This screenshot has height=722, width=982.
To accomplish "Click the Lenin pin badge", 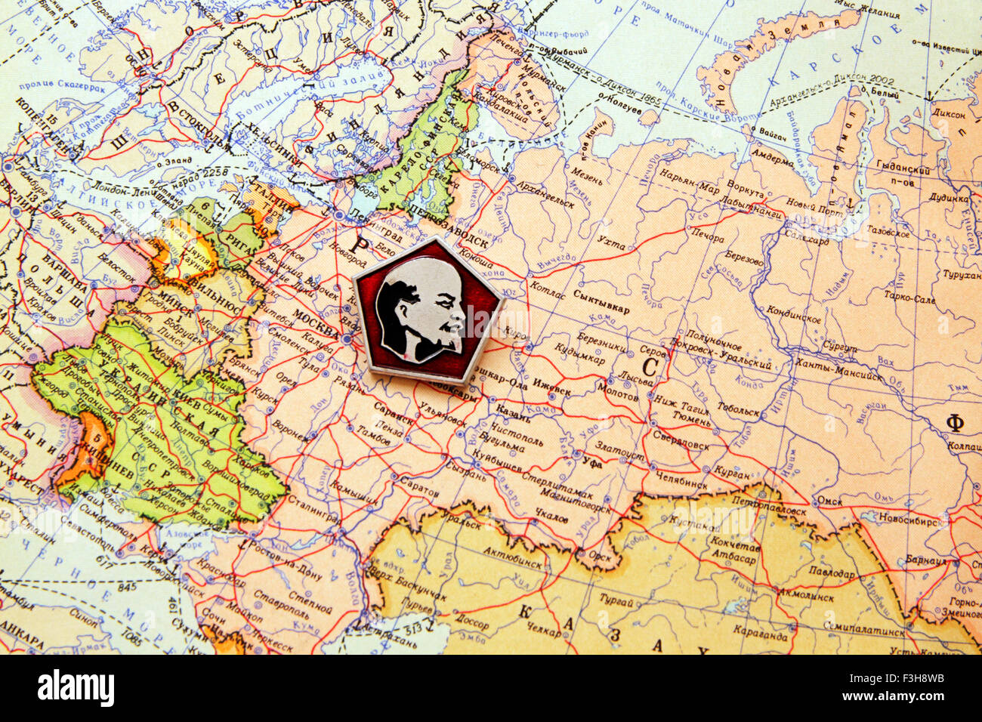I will (428, 310).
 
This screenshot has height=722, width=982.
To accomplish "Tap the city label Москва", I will (315, 323).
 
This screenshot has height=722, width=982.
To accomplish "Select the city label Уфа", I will (593, 463).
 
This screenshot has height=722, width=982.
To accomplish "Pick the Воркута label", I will (745, 187).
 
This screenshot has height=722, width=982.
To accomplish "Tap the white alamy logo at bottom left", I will (76, 688).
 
